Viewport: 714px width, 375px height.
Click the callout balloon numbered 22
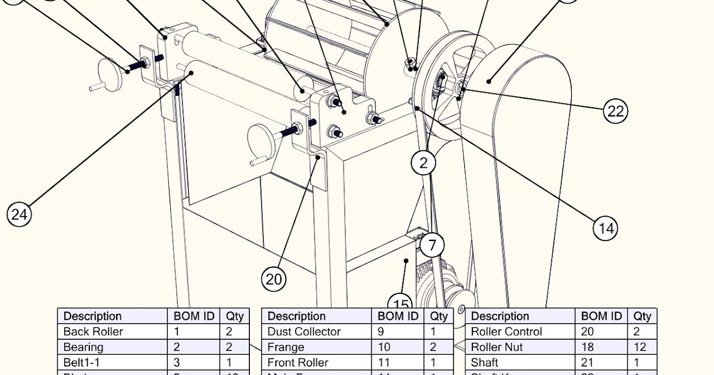tap(615, 111)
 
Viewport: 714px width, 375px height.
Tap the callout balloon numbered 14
tap(605, 227)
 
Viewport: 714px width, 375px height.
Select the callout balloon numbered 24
tap(19, 214)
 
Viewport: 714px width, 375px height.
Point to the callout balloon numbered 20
tap(273, 279)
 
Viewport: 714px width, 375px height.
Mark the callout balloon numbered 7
tap(432, 244)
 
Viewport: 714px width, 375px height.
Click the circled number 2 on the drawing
tap(424, 162)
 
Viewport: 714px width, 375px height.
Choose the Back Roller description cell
tap(93, 332)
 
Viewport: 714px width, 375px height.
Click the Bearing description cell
tap(83, 347)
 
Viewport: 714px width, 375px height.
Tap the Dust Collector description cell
tap(303, 332)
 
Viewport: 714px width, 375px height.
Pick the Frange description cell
tap(286, 347)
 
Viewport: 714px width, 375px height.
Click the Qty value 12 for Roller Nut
tap(642, 347)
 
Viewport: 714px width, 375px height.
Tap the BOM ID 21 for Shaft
tap(587, 362)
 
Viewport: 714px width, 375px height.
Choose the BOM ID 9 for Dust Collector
tap(381, 332)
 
